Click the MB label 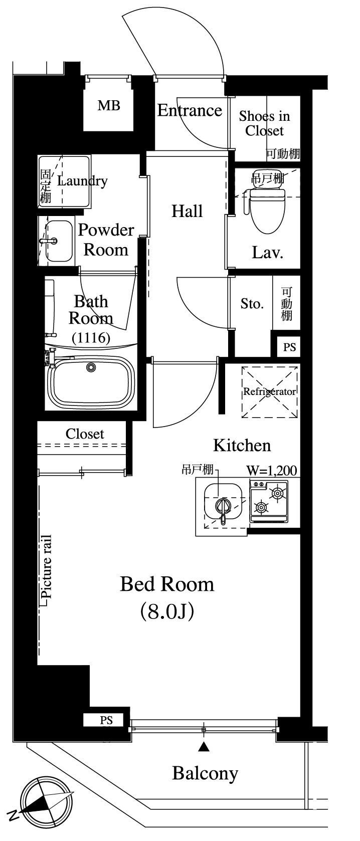click(x=109, y=105)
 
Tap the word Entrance click(x=190, y=110)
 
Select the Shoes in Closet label click(x=265, y=123)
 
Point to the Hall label click(x=187, y=211)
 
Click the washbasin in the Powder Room click(x=59, y=241)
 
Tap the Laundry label click(x=82, y=181)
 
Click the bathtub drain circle click(x=91, y=367)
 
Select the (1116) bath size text click(x=91, y=338)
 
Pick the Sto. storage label click(x=252, y=304)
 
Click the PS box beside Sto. click(x=289, y=347)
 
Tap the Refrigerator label click(x=270, y=391)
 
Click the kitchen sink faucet click(x=223, y=508)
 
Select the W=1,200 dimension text click(x=272, y=471)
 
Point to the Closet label click(x=85, y=434)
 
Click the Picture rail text click(x=47, y=566)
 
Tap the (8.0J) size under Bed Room click(x=167, y=611)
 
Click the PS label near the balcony click(x=106, y=720)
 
